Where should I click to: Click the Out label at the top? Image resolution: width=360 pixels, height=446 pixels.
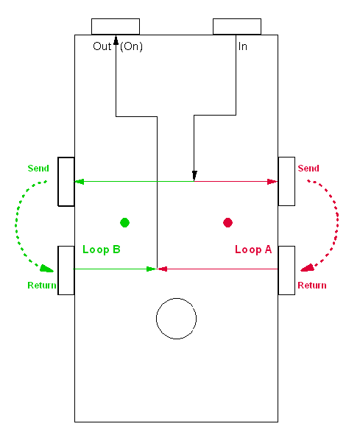point(102,46)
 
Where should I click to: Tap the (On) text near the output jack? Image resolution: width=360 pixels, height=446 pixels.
point(131,46)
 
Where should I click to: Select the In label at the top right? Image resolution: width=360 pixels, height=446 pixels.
point(243,46)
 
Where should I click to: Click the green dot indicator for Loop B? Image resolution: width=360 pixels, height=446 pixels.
point(124,222)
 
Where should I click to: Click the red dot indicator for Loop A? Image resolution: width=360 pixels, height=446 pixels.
point(227,222)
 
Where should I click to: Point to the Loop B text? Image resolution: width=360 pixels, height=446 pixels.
point(102,249)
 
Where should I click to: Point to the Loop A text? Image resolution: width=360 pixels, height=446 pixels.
point(253,249)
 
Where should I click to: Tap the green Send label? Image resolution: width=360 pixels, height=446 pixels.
point(38,168)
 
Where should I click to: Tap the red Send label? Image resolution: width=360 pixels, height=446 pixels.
point(308,168)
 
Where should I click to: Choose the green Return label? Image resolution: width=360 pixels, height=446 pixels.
point(42,286)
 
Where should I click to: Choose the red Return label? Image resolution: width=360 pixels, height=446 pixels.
point(312,286)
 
